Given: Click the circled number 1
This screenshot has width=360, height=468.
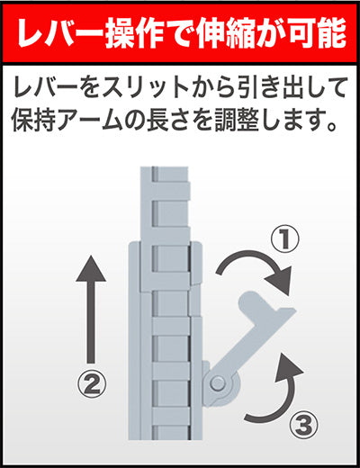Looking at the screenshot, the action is (285, 239).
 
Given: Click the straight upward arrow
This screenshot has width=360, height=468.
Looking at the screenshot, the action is (91, 309).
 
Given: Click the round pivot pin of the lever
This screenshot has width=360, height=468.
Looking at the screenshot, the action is (218, 382).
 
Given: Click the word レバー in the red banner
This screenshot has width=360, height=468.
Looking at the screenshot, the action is (60, 33).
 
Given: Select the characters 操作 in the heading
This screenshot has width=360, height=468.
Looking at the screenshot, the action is (134, 33).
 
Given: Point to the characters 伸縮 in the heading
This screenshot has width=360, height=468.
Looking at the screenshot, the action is (225, 33).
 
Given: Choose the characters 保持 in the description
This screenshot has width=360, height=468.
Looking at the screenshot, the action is (33, 121).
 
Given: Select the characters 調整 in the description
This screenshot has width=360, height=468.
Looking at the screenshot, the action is (237, 121).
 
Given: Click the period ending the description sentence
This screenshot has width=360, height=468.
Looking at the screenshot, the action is (332, 127).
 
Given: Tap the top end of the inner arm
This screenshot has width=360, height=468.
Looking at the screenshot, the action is (165, 168).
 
